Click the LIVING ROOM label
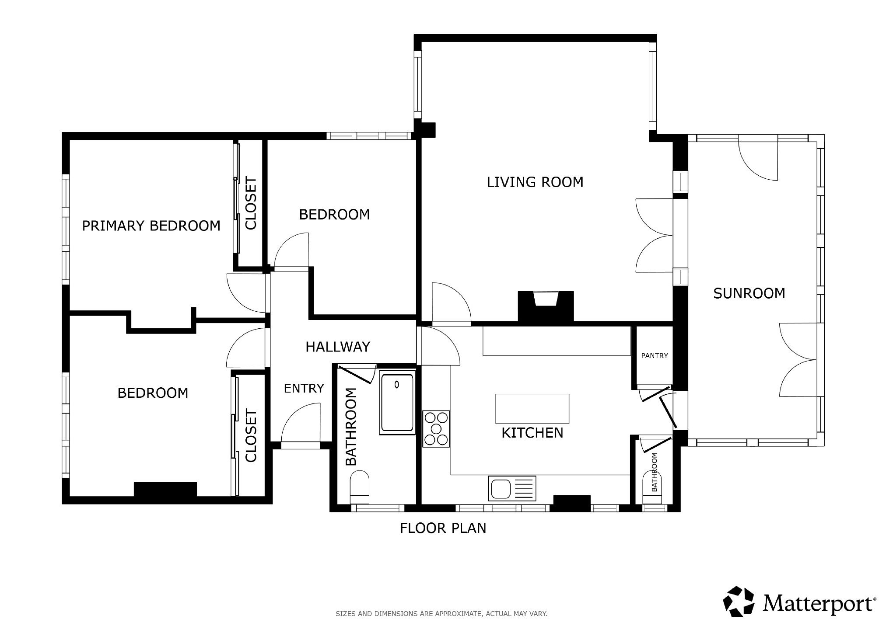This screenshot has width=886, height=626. coord(535,182)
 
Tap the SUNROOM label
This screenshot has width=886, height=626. coord(749,293)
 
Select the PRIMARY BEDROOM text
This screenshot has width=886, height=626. coord(151,226)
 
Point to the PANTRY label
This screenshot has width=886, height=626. coord(655,355)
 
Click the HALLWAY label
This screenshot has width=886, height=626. coord(338,347)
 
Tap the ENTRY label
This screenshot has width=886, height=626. coord(304,388)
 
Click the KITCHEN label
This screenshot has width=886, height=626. coord(532,433)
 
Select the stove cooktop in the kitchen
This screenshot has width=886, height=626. coord(436,429)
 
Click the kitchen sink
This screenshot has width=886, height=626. coord(511,488)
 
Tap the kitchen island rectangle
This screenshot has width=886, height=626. coord(532,409)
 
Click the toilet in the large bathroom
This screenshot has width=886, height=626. coord(360,487)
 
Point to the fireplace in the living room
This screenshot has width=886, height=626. coord(546,307)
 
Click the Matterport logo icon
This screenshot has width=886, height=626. coord(739,602)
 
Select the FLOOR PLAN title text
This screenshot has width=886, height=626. coord(443,528)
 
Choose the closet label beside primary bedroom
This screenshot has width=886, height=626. coord(251,203)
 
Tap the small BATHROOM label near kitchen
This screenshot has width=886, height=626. coord(655,472)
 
